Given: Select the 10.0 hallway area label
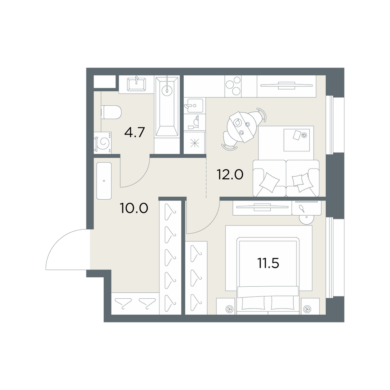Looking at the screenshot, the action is pos(134,208).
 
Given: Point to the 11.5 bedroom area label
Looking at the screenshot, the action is pos(268,263).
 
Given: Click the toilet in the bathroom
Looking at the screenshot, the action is pos(111,112).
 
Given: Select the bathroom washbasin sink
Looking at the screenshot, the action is pos(136,84).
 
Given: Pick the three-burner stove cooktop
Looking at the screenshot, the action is pos(233,86).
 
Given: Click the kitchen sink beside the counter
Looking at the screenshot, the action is pos(193,105).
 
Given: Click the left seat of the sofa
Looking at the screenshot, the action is pos(269,178).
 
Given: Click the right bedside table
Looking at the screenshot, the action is pos(310,306).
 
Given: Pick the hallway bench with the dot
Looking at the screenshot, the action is pos(104,181).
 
